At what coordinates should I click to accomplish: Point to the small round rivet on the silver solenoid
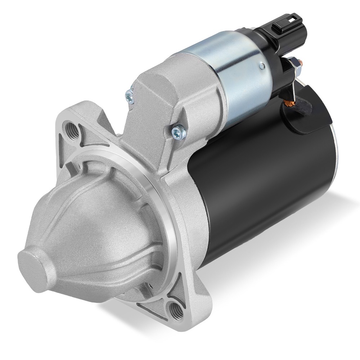[x=262, y=66]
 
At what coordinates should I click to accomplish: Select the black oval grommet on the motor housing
[x=306, y=115]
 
